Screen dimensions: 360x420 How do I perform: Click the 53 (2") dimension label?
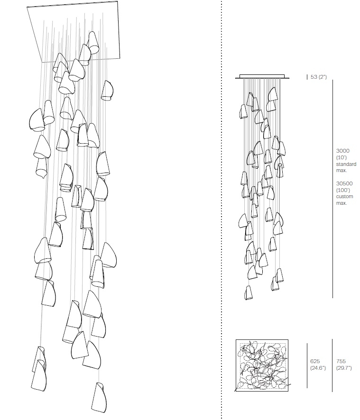point(318,77)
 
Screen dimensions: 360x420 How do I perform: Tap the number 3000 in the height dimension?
point(343,151)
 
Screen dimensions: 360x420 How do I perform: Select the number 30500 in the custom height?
point(344,183)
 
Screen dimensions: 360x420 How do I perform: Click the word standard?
point(346,164)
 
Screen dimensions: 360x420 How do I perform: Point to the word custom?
point(344,197)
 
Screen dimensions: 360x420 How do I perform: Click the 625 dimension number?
point(315,361)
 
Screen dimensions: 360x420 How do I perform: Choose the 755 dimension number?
point(341,361)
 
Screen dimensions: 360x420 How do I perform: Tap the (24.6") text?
point(318,368)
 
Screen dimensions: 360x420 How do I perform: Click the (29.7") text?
point(344,368)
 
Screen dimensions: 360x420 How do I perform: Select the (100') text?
point(343,190)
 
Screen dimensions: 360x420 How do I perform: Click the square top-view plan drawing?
point(262,365)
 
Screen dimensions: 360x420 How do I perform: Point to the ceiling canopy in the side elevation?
point(262,77)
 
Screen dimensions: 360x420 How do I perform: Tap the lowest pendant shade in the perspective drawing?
point(99,398)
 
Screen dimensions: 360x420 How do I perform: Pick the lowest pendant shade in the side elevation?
point(249,292)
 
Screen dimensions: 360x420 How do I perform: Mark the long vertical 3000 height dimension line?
point(332,189)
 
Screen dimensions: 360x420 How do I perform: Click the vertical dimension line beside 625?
point(307,365)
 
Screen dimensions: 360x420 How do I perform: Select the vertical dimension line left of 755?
point(332,365)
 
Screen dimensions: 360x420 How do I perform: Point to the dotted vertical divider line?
point(222,210)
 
